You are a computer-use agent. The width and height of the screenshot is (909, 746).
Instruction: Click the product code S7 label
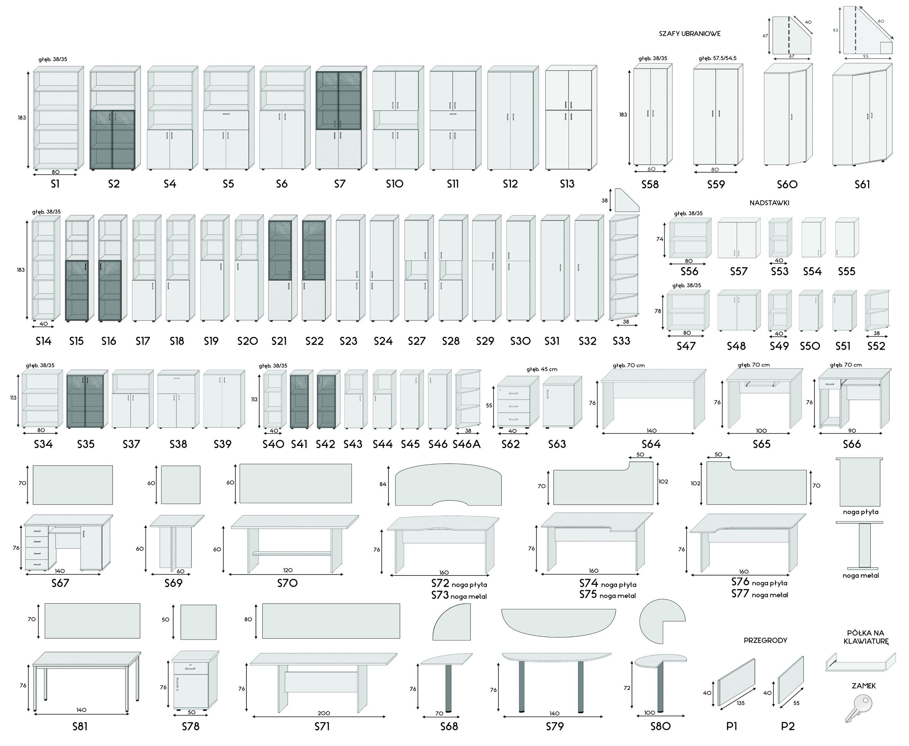pyautogui.click(x=339, y=184)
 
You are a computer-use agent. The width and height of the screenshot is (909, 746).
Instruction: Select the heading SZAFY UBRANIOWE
pyautogui.click(x=690, y=33)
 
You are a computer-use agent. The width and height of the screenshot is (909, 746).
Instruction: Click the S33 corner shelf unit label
pyautogui.click(x=621, y=341)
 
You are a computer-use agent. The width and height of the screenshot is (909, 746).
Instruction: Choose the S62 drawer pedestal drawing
pyautogui.click(x=514, y=402)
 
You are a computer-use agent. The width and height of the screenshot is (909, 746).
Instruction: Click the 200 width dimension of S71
pyautogui.click(x=323, y=713)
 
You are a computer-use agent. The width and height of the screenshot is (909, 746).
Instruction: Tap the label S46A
pyautogui.click(x=467, y=444)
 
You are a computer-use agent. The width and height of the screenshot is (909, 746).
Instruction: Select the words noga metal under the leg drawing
pyautogui.click(x=860, y=575)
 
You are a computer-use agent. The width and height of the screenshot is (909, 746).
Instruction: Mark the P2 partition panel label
pyautogui.click(x=788, y=726)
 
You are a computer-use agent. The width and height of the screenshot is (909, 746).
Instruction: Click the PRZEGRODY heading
pyautogui.click(x=765, y=640)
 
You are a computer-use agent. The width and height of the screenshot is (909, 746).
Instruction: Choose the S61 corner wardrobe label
pyautogui.click(x=862, y=184)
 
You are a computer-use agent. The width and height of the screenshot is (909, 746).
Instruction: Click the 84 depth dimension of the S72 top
pyautogui.click(x=383, y=484)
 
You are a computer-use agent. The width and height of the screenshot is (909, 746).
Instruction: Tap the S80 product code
pyautogui.click(x=660, y=726)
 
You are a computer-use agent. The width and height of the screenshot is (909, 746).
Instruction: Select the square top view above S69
pyautogui.click(x=180, y=485)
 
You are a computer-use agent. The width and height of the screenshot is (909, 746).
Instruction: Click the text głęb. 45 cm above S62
pyautogui.click(x=542, y=369)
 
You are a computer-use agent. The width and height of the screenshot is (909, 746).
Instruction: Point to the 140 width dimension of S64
pyautogui.click(x=651, y=431)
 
